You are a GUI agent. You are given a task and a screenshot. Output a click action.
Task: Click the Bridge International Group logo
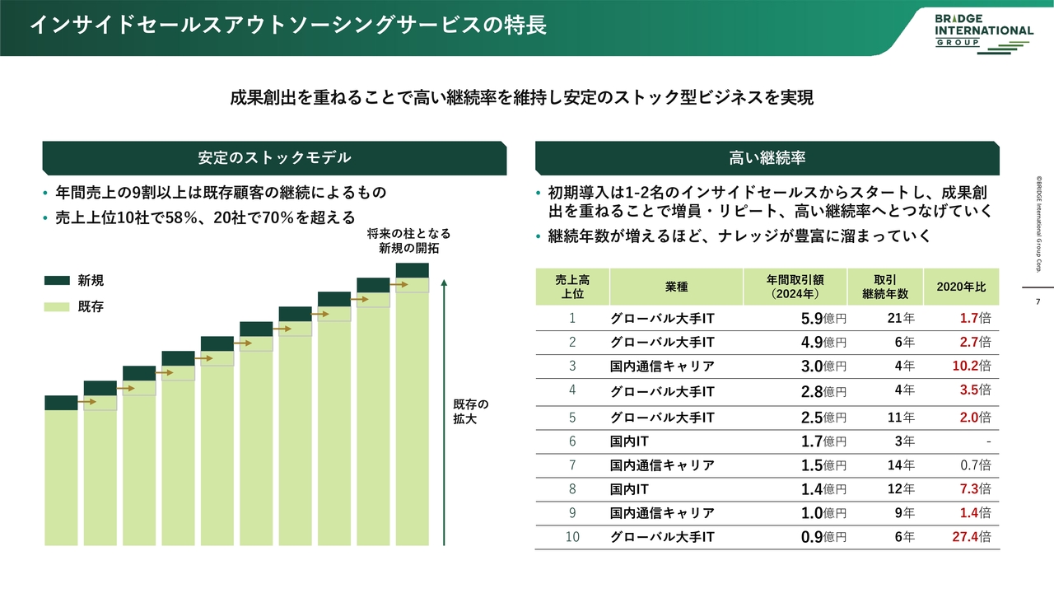click(x=983, y=30)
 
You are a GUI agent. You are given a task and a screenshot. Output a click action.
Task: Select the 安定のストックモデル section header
click(x=274, y=158)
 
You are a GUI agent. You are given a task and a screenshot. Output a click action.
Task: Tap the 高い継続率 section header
click(x=767, y=158)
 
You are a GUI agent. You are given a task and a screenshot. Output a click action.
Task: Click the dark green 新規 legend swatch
click(x=57, y=281)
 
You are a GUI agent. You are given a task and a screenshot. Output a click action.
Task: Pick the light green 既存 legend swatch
click(x=57, y=307)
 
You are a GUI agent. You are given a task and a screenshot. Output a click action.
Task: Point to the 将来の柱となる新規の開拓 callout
click(x=409, y=240)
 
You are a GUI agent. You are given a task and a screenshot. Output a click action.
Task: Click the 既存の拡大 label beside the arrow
click(x=471, y=411)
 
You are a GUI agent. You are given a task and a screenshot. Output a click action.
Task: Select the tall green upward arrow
click(x=444, y=412)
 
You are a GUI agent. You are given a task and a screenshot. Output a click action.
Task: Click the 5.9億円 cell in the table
click(x=823, y=318)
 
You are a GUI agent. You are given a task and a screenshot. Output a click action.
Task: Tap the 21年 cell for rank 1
click(x=901, y=318)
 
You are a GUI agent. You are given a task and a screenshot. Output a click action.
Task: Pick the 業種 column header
click(x=676, y=287)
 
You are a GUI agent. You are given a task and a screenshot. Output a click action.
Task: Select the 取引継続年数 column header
click(x=885, y=287)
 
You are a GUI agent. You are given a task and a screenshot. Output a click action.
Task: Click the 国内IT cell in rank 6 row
click(x=630, y=441)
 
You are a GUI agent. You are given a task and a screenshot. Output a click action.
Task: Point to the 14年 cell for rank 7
click(x=901, y=465)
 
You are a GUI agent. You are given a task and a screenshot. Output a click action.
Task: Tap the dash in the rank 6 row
click(x=988, y=441)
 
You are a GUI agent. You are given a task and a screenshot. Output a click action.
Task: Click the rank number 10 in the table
click(x=571, y=537)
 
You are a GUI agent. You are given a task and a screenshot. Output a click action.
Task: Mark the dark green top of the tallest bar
click(x=412, y=270)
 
